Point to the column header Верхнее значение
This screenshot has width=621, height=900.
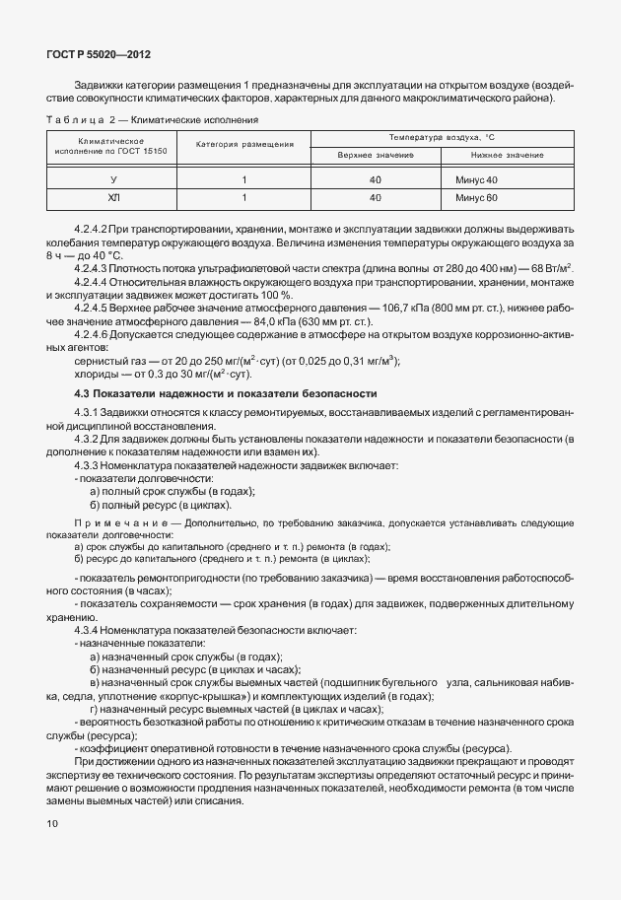(375, 156)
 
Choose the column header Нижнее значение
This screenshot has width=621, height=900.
(507, 156)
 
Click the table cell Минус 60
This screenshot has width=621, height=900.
(477, 197)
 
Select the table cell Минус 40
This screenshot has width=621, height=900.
(477, 179)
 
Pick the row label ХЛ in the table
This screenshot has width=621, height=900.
(113, 197)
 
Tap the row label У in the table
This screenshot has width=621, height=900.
(113, 179)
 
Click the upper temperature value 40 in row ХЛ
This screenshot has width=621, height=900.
(375, 197)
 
